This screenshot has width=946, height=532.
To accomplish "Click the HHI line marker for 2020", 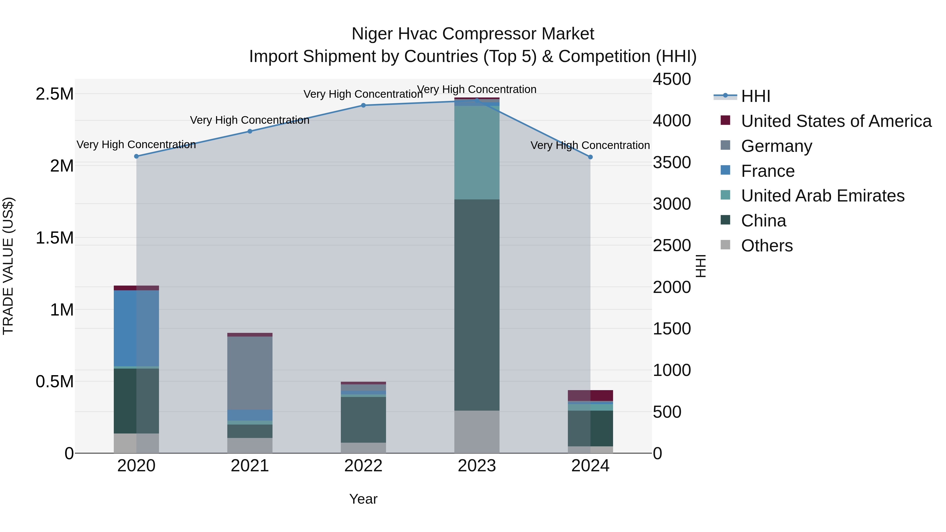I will (x=136, y=156).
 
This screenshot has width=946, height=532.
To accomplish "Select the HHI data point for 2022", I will (x=363, y=105).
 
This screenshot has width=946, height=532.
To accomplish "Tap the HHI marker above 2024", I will (x=590, y=157).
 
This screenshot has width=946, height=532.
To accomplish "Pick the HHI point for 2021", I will (x=250, y=131).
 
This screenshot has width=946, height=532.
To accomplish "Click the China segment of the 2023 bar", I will (x=477, y=305).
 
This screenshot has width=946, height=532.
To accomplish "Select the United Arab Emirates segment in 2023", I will (x=477, y=152).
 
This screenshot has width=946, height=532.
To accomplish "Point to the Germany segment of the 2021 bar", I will (x=250, y=373).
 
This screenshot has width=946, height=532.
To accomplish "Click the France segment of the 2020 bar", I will (x=136, y=328).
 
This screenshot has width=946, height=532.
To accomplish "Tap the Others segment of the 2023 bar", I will (x=477, y=431).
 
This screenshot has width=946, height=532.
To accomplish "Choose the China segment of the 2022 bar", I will (x=363, y=420).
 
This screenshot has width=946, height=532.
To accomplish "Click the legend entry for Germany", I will (x=776, y=146).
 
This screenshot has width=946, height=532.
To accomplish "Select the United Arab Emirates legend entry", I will (x=822, y=196).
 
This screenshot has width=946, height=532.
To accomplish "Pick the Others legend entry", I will (x=767, y=246).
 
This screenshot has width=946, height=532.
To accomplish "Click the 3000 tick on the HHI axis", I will (x=672, y=204).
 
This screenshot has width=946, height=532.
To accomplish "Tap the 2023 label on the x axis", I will (x=477, y=466).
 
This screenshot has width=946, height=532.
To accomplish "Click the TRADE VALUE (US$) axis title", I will (x=8, y=266).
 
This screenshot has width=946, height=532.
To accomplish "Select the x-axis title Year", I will (x=363, y=499).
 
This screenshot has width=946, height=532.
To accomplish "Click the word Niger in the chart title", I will (x=372, y=34).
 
